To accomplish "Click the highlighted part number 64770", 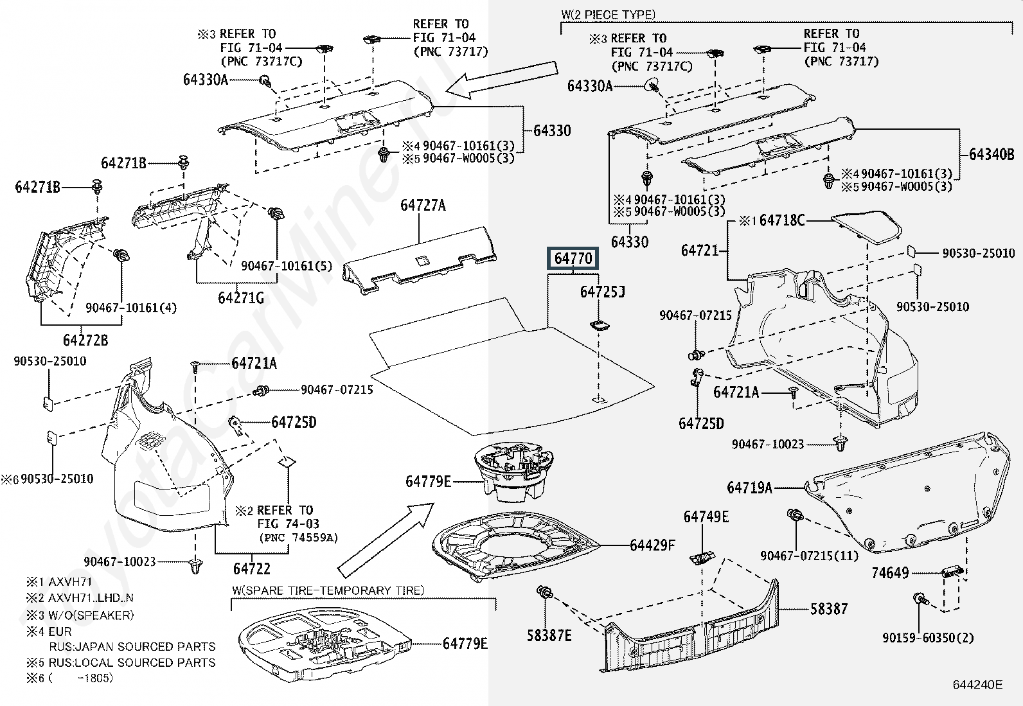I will click(573, 258).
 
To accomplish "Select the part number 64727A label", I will click(422, 206).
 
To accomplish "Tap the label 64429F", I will click(652, 545).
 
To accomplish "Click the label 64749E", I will click(706, 517).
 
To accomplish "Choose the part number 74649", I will click(890, 573).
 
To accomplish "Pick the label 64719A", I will click(749, 488).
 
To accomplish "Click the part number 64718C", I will click(781, 220).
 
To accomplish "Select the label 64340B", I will click(992, 154).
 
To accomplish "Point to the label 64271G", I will click(241, 298).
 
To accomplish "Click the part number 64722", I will click(251, 569).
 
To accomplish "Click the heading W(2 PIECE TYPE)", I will click(608, 14).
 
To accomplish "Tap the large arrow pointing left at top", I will click(501, 80).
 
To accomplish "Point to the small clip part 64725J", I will click(600, 324).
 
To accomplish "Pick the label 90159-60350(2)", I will click(928, 638).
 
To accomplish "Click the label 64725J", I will click(602, 292).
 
